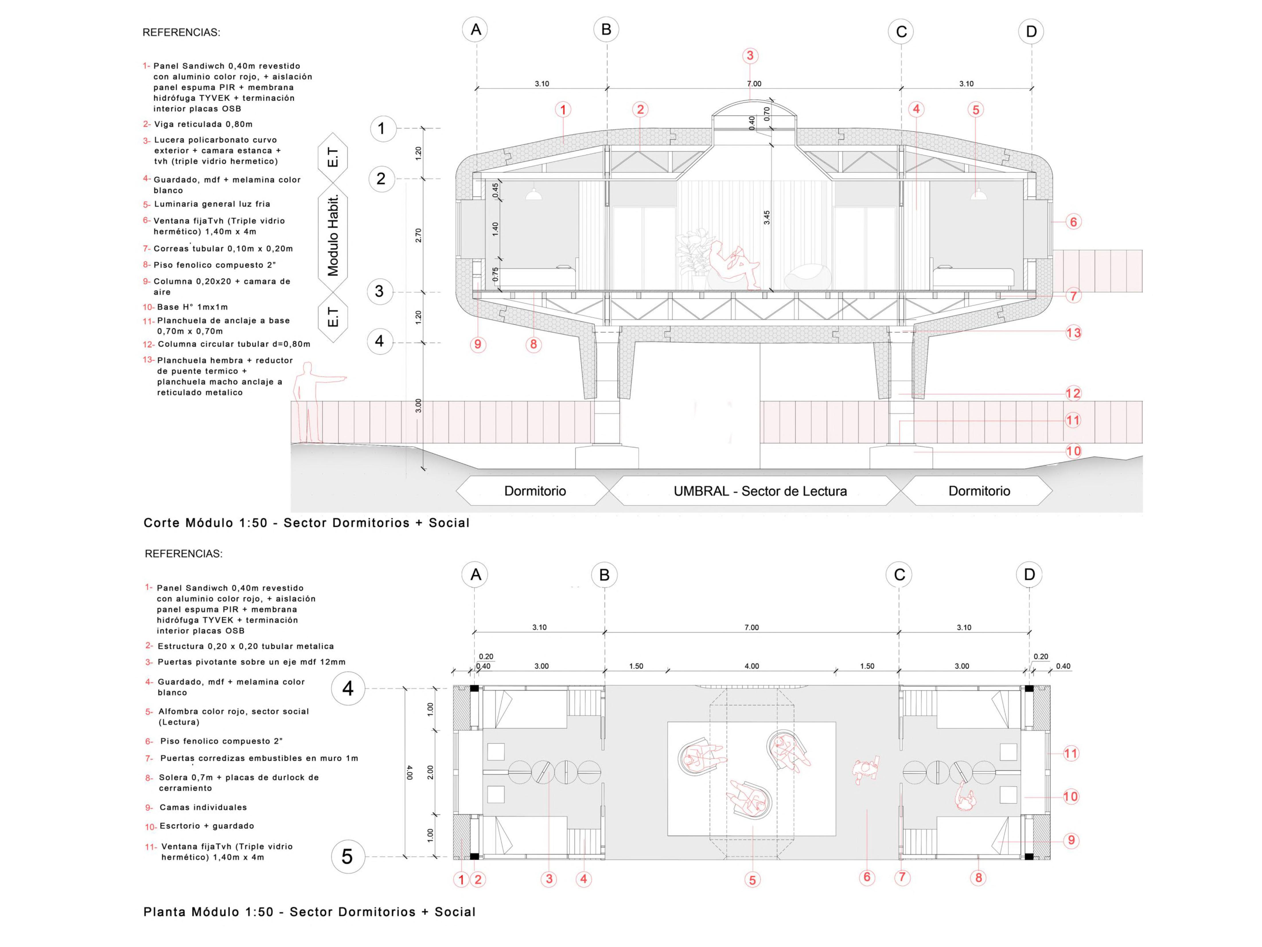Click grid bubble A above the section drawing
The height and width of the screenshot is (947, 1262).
(476, 30)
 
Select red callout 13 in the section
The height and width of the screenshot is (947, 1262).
(1073, 333)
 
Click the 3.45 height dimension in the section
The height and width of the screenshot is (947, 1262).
(767, 218)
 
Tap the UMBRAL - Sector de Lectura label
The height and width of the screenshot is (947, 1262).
(760, 491)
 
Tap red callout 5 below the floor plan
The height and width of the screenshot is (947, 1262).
(752, 880)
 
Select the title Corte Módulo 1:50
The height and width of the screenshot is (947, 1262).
(306, 523)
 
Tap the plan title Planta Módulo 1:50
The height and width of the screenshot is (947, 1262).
(309, 912)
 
